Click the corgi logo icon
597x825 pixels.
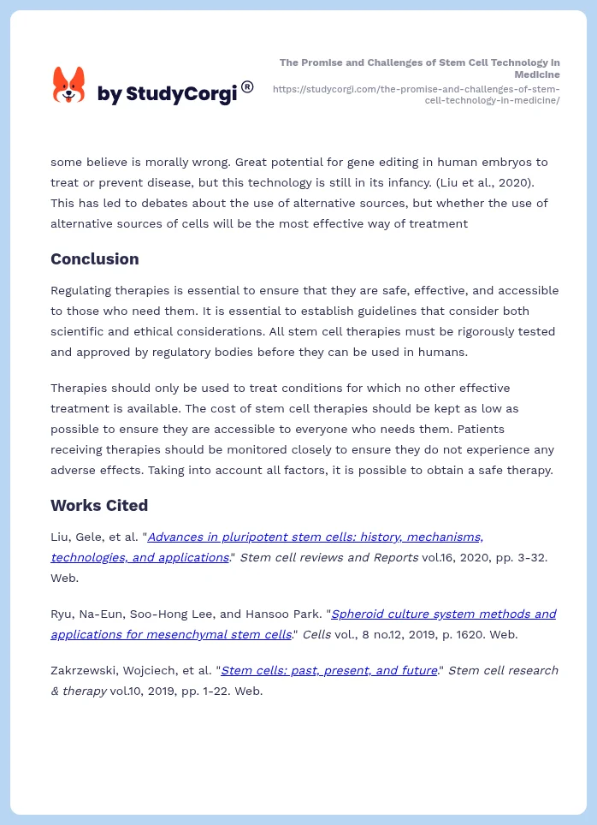pos(68,86)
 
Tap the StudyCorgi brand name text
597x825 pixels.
pos(167,94)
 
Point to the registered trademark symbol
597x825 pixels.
pos(247,86)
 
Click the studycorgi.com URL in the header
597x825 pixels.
pos(416,94)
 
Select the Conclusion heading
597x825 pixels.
pos(94,258)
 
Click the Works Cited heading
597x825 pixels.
pos(99,505)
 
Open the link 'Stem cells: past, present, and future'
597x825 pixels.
pos(329,670)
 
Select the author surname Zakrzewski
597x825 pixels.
pos(88,670)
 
